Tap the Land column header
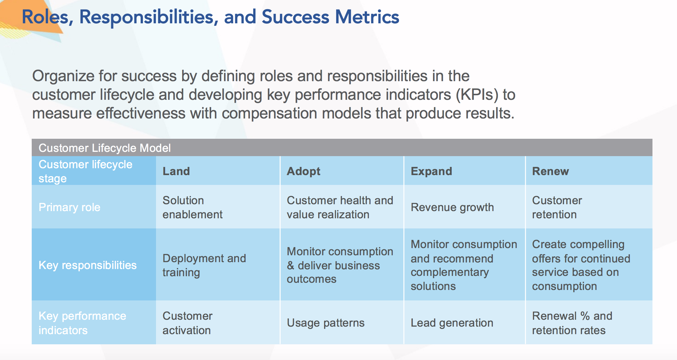[176, 171]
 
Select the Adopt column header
[303, 171]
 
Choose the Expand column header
[431, 171]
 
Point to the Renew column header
[550, 171]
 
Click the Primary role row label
[69, 207]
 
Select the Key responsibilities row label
[87, 265]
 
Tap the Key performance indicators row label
[82, 323]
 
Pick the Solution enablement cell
[192, 207]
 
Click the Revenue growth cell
[452, 207]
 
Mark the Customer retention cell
[557, 207]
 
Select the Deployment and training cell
[204, 265]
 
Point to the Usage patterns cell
[325, 323]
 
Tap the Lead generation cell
[452, 323]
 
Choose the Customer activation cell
[187, 323]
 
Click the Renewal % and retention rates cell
[572, 323]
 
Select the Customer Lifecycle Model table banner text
[105, 148]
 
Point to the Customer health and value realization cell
[340, 207]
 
